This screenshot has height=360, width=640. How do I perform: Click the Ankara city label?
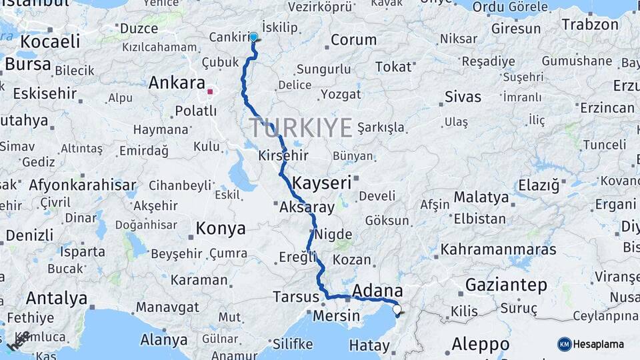(x=176, y=83)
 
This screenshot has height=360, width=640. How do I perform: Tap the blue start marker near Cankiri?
(x=253, y=37)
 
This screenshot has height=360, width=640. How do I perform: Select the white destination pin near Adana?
(x=397, y=309)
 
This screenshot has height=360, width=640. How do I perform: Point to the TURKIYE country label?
(x=301, y=127)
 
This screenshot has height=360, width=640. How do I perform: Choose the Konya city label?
(x=221, y=229)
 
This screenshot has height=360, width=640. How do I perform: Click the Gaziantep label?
(x=506, y=285)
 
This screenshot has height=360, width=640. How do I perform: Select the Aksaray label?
(x=307, y=208)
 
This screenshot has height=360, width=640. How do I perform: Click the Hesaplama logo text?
(x=599, y=344)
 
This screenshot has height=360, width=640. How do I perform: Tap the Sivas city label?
(x=463, y=97)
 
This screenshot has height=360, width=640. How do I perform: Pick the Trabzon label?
(x=590, y=25)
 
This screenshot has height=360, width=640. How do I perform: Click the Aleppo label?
(x=481, y=345)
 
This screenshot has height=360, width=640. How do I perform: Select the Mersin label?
(x=337, y=315)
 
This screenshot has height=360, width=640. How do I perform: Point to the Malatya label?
(x=481, y=198)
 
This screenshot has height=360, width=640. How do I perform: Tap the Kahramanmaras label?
(x=498, y=250)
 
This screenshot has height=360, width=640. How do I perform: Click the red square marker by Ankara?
(x=210, y=92)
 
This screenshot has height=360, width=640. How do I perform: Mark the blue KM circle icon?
(x=565, y=344)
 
